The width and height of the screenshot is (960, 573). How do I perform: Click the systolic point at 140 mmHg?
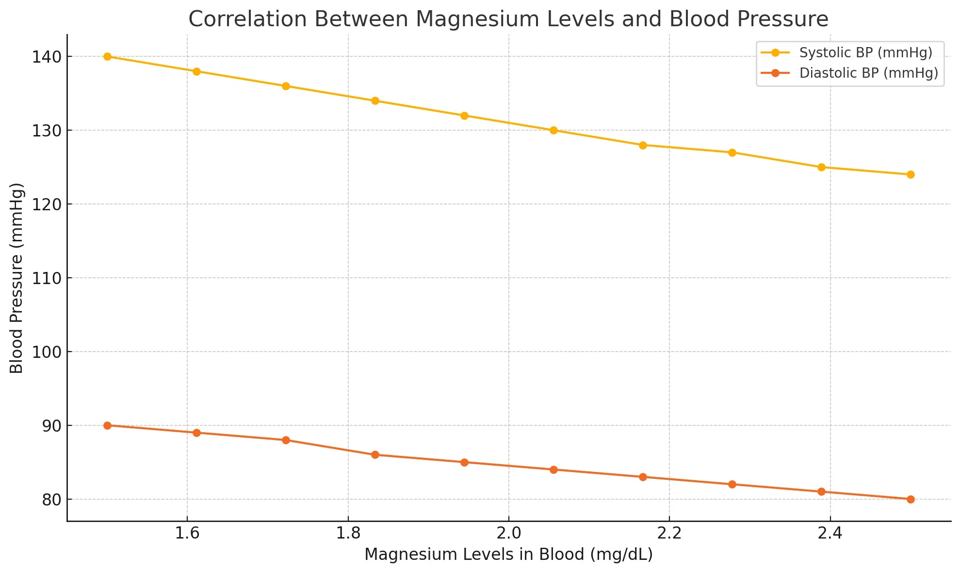(x=107, y=57)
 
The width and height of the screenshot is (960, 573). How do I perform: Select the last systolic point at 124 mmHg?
(x=911, y=175)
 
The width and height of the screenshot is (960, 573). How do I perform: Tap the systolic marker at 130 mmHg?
(x=553, y=131)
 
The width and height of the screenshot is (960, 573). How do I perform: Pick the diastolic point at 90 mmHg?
(x=107, y=425)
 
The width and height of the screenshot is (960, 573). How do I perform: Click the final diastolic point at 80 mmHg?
(x=911, y=499)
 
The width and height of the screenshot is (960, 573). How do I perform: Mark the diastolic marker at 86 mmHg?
(x=375, y=455)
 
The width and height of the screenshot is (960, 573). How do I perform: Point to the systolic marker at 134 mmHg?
(x=375, y=101)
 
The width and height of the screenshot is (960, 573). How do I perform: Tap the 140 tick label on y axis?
(x=47, y=57)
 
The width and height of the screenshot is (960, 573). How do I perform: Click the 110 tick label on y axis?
(x=47, y=279)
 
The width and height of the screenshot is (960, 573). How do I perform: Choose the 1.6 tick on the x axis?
(x=187, y=534)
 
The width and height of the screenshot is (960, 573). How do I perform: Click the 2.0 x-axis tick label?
(x=508, y=534)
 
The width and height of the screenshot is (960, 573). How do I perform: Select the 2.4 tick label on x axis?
(x=830, y=534)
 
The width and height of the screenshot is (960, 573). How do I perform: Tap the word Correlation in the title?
(x=247, y=19)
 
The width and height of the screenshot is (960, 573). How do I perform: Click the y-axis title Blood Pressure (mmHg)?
(x=16, y=278)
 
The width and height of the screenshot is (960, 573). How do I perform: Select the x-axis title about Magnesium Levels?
(x=508, y=555)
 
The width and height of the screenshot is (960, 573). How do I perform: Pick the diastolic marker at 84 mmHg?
(x=553, y=470)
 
